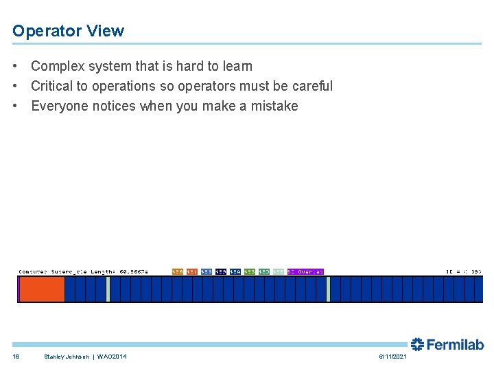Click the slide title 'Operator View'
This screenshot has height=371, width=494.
point(68,31)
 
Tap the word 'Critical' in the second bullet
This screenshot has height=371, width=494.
point(53,87)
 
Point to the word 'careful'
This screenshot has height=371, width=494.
point(310,87)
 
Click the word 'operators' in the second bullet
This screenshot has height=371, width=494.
point(206,87)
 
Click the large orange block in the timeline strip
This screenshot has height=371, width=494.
point(41,289)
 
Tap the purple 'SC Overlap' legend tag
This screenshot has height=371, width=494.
point(305,272)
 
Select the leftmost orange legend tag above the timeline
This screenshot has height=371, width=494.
point(177,272)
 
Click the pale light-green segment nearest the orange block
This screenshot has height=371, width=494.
point(108,289)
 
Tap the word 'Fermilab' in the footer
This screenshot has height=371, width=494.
point(455,344)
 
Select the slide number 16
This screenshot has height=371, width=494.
point(16,357)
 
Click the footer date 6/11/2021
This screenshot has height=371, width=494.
point(392,357)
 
